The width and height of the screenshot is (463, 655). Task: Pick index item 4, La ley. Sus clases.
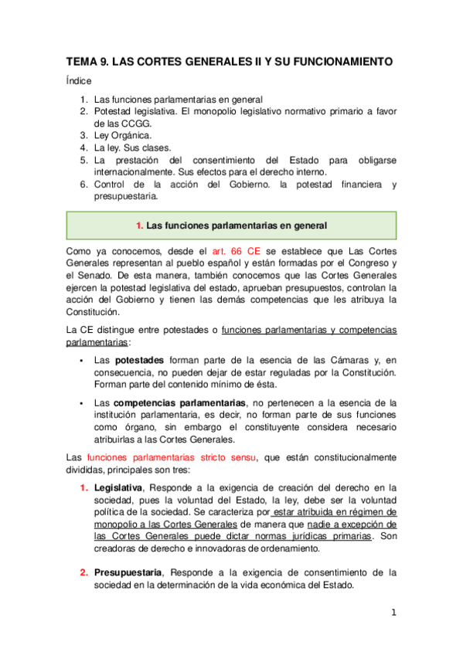point(132,148)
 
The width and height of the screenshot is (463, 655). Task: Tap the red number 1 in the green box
point(139,226)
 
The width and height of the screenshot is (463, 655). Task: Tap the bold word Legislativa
point(119,487)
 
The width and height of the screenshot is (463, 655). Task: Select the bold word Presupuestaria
point(128,572)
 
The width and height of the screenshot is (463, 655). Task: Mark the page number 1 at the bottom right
point(393,613)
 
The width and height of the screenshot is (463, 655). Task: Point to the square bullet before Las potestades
point(81,361)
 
